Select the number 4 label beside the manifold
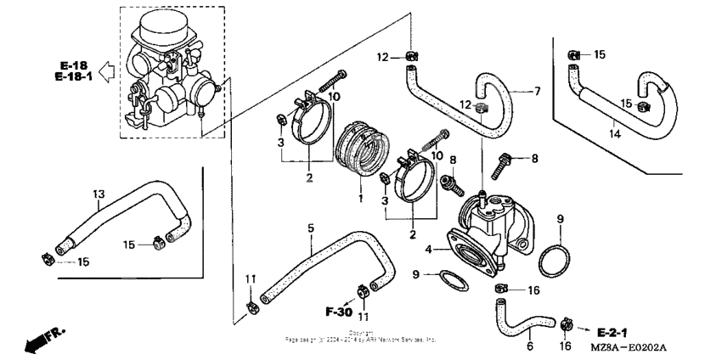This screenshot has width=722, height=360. click(429, 249)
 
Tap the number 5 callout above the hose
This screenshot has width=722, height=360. click(310, 228)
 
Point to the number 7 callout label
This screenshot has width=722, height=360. click(536, 90)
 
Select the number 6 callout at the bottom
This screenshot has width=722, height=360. click(530, 346)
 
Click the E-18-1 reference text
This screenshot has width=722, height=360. click(72, 77)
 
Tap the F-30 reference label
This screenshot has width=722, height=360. click(339, 312)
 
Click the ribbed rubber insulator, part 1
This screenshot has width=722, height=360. click(361, 154)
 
